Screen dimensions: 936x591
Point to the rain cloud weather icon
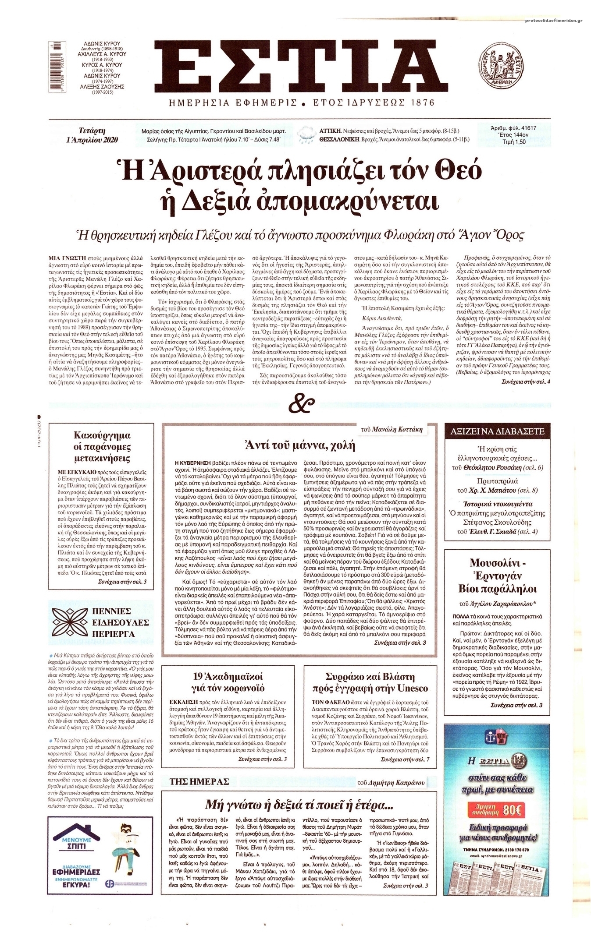[x=305, y=135]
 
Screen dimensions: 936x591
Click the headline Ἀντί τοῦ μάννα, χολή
[x=299, y=446]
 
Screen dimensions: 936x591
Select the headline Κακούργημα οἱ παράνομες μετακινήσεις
[x=102, y=447]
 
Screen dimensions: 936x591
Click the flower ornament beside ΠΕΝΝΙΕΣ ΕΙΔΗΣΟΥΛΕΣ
[x=70, y=622]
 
